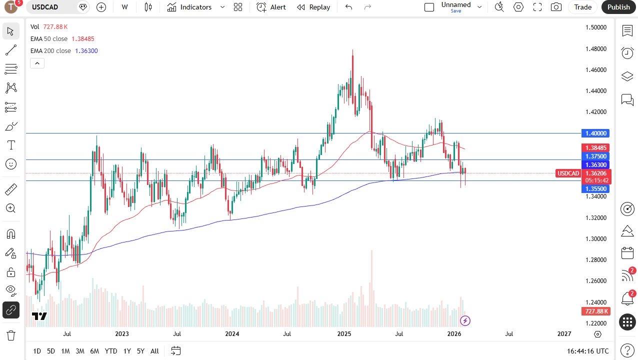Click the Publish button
click(618, 7)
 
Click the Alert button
click(271, 7)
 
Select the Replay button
click(313, 7)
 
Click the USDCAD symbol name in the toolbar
click(45, 7)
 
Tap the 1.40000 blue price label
click(595, 133)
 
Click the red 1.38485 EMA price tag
click(595, 148)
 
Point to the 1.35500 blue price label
click(595, 189)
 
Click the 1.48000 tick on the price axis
click(595, 49)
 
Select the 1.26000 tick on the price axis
click(595, 281)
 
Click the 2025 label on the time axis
click(344, 334)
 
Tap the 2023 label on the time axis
click(122, 334)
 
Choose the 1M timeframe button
click(65, 351)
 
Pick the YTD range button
click(111, 351)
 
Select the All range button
click(154, 351)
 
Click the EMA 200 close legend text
click(50, 51)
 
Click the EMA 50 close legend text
click(49, 39)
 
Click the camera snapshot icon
click(555, 7)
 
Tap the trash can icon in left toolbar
click(10, 335)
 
